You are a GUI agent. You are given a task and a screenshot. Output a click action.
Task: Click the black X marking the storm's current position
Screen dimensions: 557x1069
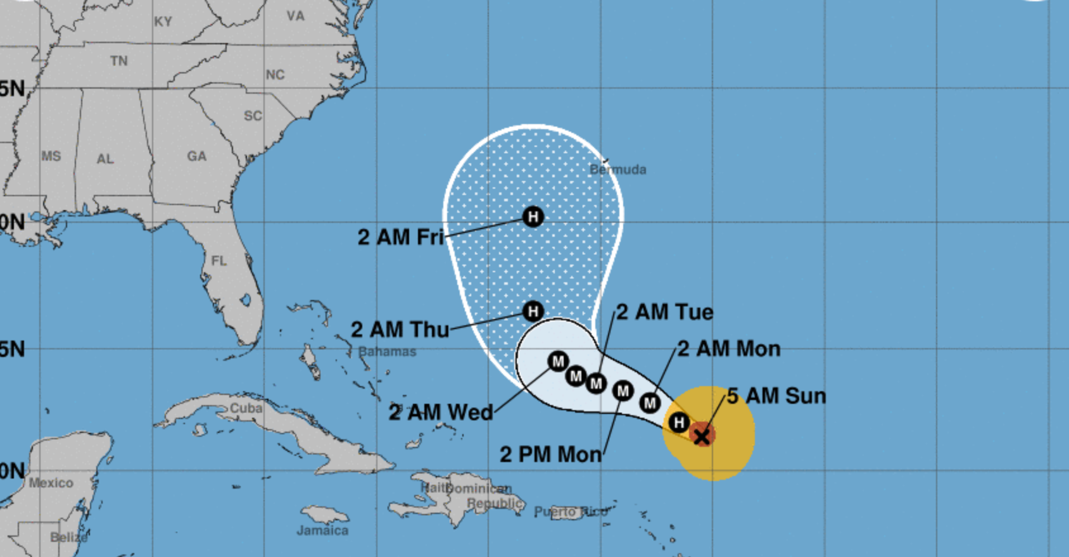coord(702,435)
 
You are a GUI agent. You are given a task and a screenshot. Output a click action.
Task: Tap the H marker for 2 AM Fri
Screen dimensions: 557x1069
coord(533,217)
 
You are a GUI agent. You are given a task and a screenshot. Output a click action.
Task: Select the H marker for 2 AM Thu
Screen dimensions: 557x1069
coord(533,311)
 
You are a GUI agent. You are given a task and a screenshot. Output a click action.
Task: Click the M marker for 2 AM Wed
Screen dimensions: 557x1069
coord(558,361)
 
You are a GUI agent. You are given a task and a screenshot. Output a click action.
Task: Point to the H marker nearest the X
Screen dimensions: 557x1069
coord(679,422)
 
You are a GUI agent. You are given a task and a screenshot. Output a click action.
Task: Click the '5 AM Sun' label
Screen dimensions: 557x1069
coord(776,396)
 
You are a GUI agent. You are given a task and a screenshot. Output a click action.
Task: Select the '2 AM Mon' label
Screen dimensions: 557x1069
coord(729,349)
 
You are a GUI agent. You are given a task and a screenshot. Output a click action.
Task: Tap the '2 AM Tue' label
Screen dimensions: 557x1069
coord(664,312)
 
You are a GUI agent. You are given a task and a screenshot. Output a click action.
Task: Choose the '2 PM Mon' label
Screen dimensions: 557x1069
coord(550,454)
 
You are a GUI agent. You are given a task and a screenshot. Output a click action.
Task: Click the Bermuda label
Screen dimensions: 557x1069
coord(618,170)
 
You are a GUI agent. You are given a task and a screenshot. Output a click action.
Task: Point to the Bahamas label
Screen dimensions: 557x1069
coord(387,351)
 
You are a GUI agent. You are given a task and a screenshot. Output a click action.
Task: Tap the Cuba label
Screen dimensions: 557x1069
coord(246,408)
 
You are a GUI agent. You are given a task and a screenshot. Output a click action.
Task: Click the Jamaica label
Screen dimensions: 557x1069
coord(322,530)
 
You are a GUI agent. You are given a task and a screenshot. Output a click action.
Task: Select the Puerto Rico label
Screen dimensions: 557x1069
coord(571,511)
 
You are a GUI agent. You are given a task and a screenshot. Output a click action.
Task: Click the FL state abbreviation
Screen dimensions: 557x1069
coord(219,261)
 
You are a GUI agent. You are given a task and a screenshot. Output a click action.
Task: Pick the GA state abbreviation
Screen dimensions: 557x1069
coord(196,156)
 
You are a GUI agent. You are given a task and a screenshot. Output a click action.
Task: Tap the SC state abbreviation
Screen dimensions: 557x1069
coord(253,116)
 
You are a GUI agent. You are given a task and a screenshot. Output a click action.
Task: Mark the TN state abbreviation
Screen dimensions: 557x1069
coord(119,61)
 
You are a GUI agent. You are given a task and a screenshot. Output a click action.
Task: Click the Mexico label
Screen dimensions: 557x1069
coord(51,483)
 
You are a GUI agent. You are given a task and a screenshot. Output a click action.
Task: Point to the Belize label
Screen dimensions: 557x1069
coord(68,537)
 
